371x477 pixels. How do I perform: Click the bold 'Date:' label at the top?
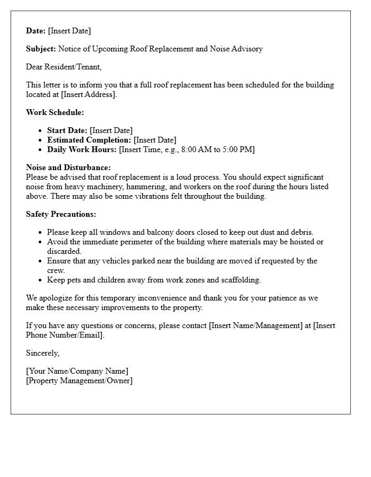click(36, 31)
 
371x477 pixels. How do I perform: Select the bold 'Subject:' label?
click(41, 49)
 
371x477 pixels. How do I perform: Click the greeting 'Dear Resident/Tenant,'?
click(64, 67)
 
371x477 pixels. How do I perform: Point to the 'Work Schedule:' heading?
click(55, 112)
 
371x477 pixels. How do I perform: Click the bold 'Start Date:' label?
click(67, 130)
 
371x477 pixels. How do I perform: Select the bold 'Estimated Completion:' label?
click(89, 140)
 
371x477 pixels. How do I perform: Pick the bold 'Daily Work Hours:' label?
click(82, 149)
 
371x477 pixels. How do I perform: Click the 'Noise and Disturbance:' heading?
click(68, 167)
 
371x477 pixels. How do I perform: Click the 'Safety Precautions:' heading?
click(61, 214)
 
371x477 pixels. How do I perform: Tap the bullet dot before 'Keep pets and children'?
click(41, 280)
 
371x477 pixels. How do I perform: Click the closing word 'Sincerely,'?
click(43, 353)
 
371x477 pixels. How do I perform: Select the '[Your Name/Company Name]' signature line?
click(77, 371)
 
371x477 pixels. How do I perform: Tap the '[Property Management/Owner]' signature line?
click(79, 381)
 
